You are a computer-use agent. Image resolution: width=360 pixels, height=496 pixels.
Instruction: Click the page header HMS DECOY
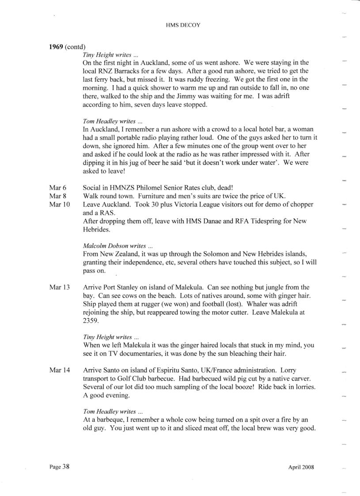tap(182, 25)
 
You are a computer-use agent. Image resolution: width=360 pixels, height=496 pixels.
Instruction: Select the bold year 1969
tap(57, 47)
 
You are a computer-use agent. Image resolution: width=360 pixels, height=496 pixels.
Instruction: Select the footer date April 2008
tap(301, 467)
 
